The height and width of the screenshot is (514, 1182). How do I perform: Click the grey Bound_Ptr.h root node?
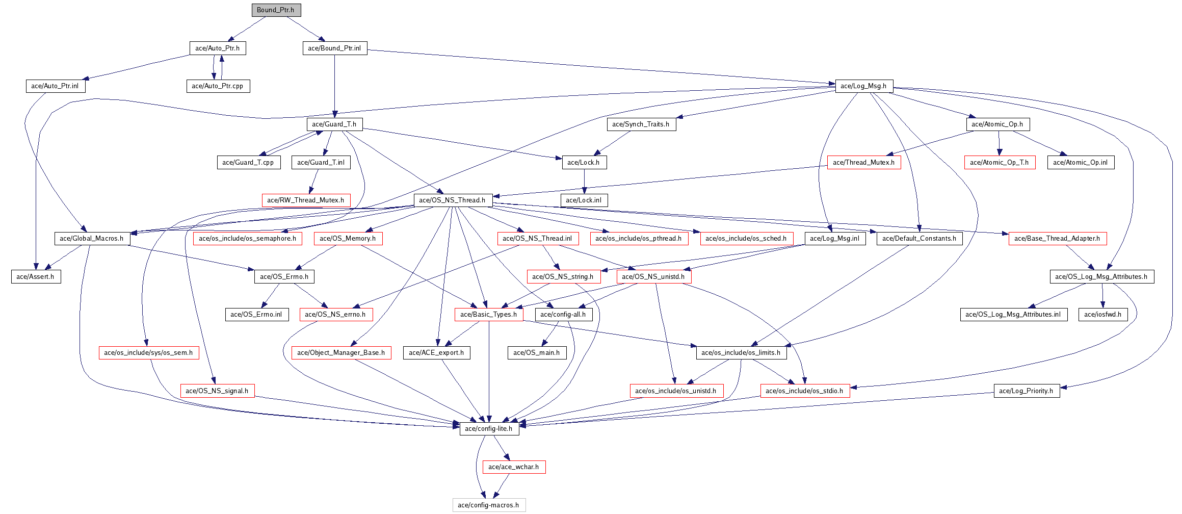(276, 10)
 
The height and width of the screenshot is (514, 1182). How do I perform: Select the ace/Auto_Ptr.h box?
(218, 48)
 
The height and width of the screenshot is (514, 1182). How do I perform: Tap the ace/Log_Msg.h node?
(863, 86)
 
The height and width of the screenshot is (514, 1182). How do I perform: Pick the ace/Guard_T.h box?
(334, 124)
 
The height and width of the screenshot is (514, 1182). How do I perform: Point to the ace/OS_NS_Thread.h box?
(453, 200)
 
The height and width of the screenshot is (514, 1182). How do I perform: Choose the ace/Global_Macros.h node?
(92, 239)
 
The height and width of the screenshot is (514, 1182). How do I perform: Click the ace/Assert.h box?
(36, 277)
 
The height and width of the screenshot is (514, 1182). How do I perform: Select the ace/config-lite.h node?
(489, 429)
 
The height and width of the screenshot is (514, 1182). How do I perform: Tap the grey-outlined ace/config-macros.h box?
(489, 505)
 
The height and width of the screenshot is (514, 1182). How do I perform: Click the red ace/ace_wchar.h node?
(514, 467)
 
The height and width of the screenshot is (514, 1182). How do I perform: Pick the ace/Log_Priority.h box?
(1027, 391)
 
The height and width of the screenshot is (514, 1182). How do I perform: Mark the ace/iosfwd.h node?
(1103, 315)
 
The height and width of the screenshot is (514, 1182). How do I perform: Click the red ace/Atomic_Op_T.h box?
(1000, 163)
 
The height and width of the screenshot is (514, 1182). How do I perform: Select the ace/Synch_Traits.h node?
(641, 124)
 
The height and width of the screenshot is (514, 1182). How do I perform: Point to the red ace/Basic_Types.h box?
(489, 315)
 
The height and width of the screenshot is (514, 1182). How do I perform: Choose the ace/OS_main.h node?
(537, 353)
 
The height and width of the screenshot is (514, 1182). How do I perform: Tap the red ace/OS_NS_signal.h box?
(217, 391)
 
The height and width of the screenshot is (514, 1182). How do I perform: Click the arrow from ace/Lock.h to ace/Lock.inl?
(584, 182)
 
